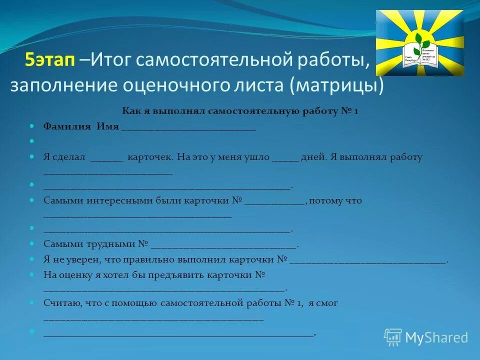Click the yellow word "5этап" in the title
click(50, 60)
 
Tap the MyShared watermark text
click(436, 337)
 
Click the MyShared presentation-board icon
click(393, 337)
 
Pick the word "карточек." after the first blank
click(150, 157)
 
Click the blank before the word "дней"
click(285, 159)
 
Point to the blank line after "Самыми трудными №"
click(223, 246)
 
